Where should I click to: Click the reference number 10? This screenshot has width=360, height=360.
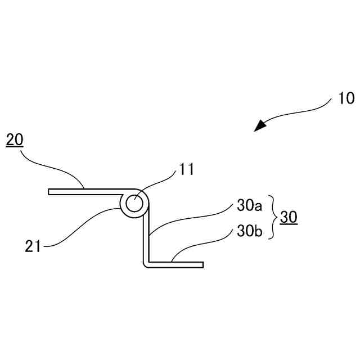pos(346,98)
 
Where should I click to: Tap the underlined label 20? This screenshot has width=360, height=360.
pos(15,140)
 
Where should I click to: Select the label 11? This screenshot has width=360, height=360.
pos(186,169)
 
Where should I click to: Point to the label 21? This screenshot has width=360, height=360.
pos(33,245)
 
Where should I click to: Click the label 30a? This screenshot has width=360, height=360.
pos(249,206)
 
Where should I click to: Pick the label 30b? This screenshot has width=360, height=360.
pos(249,231)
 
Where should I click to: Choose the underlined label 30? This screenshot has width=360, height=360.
pos(289,218)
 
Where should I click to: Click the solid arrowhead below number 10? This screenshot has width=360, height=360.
pos(260,125)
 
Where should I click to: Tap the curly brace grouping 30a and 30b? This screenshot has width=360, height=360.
pos(272,218)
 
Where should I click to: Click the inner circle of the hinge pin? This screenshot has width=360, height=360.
pos(135,204)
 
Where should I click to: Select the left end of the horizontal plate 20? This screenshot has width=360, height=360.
pos(51,192)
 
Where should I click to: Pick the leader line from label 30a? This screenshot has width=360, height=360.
pos(191,217)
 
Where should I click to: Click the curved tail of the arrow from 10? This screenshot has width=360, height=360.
pos(304,112)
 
